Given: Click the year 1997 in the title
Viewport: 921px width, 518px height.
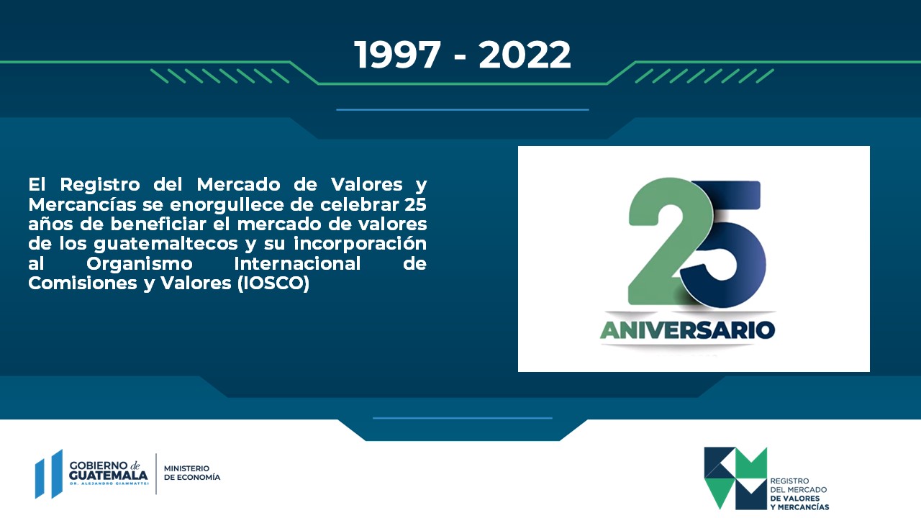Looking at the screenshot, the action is coord(398,55).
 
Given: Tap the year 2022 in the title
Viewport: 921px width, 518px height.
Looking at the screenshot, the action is coord(525,55).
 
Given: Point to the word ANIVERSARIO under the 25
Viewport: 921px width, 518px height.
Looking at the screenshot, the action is coord(687,330).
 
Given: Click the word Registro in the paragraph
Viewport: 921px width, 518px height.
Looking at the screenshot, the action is coord(100,185).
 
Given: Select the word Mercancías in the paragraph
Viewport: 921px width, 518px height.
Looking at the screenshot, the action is coord(82,204).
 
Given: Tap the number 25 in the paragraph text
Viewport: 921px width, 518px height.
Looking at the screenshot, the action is coord(415,204).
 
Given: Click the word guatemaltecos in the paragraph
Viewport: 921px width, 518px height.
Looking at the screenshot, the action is coord(165,244).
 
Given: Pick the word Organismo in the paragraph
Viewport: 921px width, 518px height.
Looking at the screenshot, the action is coord(140,264).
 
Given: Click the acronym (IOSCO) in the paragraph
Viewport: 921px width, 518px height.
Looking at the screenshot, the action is coord(273,283).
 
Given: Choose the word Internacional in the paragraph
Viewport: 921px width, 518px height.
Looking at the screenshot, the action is coord(297,263).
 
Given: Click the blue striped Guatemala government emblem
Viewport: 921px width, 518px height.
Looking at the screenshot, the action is coord(49,474).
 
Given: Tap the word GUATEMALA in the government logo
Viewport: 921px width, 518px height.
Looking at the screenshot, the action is coord(109,476).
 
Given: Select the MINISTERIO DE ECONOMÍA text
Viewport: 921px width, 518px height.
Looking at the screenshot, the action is coord(192,473).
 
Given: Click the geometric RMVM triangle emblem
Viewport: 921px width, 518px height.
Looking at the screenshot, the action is coord(735,478).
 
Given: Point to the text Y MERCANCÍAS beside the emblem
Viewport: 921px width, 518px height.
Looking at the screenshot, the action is coord(799,507).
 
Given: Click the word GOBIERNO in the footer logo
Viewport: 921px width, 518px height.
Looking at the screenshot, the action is coord(99,465).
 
